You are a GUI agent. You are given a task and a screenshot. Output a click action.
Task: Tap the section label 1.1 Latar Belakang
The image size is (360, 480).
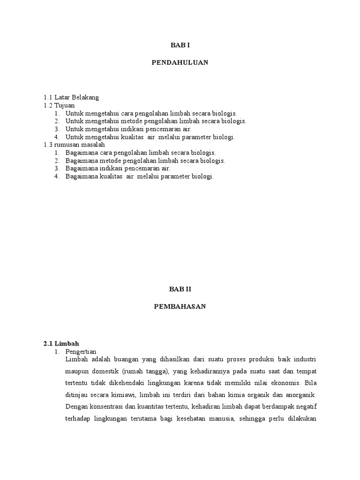coord(71,97)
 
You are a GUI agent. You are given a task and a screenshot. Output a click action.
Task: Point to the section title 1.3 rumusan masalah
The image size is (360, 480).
coord(75,145)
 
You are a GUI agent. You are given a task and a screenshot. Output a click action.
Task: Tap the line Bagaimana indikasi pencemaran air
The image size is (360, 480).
coord(118,168)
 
